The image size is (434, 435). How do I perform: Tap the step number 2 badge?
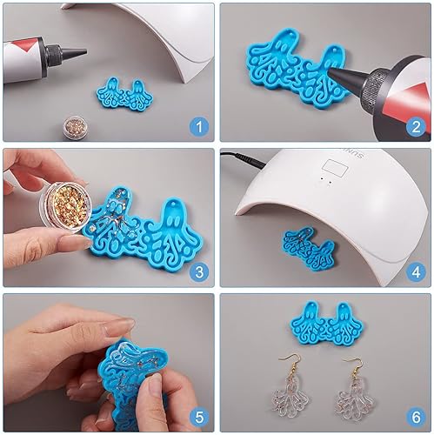[416, 127]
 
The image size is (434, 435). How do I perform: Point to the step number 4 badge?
[416, 271]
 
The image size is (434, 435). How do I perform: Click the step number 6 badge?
[416, 416]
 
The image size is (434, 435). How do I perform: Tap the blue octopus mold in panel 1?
[125, 92]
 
